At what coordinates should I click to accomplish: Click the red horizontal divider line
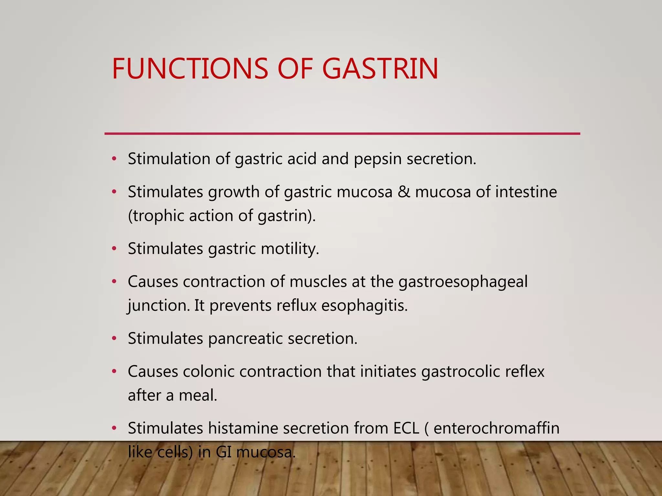pyautogui.click(x=342, y=133)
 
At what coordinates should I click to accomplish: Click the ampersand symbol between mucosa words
pyautogui.click(x=403, y=192)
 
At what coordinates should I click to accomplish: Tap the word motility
pyautogui.click(x=290, y=249)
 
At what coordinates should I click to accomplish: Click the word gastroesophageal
pyautogui.click(x=463, y=282)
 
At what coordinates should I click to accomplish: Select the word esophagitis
pyautogui.click(x=364, y=306)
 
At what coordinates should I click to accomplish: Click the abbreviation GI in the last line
pyautogui.click(x=223, y=452)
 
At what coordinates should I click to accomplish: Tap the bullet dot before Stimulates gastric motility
pyautogui.click(x=114, y=249)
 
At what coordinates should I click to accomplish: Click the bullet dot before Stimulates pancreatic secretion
pyautogui.click(x=114, y=339)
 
